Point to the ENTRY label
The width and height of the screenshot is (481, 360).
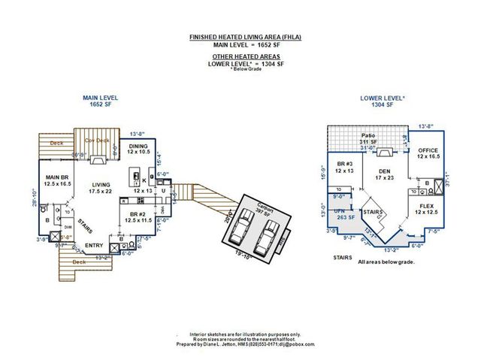[94, 245]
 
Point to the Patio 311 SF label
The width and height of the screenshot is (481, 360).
[368, 138]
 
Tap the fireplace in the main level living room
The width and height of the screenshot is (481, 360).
[98, 159]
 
